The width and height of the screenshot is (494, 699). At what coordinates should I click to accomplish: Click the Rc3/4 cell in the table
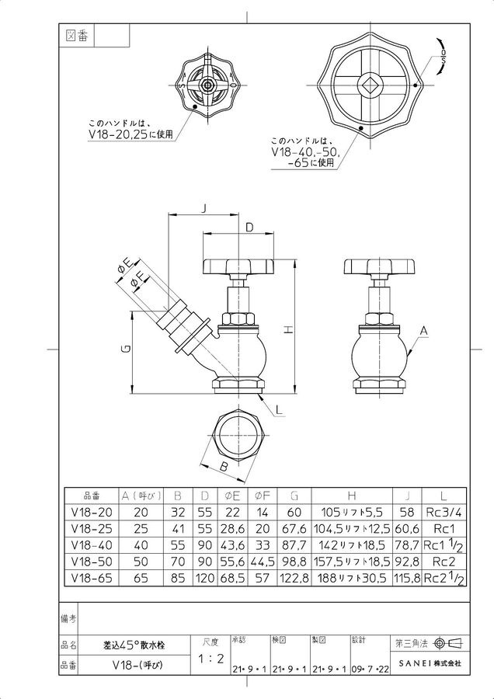pos(444,513)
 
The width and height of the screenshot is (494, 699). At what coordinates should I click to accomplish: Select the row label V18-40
pos(92,545)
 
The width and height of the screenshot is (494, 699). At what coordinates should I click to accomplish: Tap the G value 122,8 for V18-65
pos(294,578)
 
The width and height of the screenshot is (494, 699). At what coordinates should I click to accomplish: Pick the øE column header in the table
pos(229,496)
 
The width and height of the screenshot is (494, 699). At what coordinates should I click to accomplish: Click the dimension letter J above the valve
pos(204,208)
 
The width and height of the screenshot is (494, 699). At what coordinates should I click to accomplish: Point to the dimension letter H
pos(289,330)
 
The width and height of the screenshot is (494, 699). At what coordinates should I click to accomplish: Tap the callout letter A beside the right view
pos(424,331)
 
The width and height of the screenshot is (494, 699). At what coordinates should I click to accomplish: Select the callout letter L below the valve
pos(280,410)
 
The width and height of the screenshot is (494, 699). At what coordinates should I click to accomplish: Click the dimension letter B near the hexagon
pos(224,468)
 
